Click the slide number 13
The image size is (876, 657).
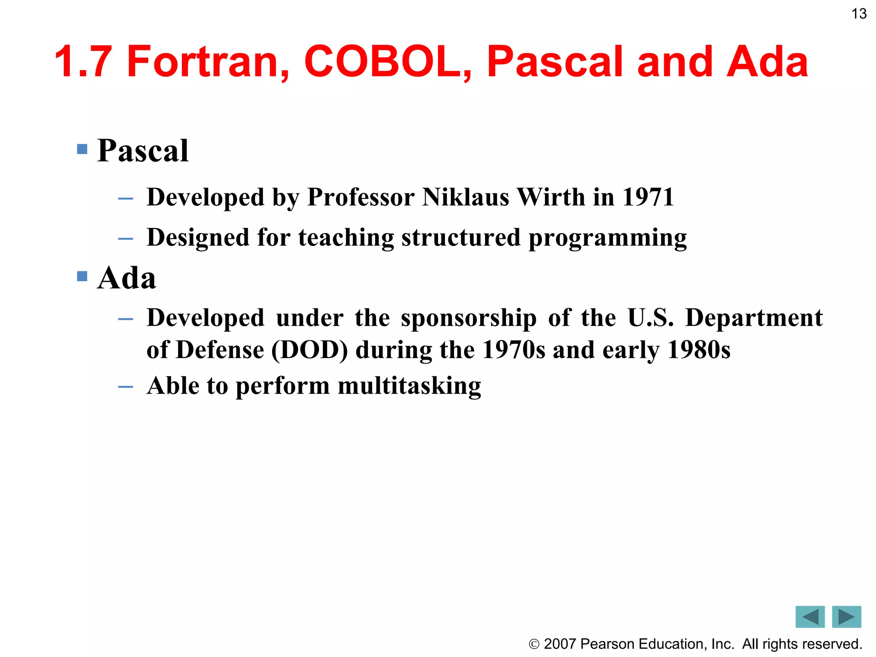859,14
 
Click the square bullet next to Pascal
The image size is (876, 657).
82,149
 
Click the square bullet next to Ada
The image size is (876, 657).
82,276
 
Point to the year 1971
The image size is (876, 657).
648,197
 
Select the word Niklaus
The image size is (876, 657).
465,197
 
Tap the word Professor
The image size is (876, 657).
361,197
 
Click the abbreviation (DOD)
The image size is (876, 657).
310,350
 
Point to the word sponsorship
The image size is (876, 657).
468,319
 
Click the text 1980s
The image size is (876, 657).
698,350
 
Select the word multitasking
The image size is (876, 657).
409,386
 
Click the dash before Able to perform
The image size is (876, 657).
125,387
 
